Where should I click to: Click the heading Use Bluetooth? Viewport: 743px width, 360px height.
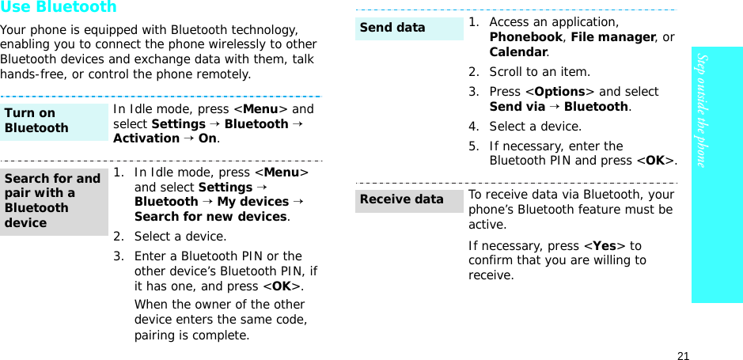coord(59,8)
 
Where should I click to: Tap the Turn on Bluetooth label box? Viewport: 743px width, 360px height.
coord(54,121)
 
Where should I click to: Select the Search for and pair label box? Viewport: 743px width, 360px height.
coord(54,201)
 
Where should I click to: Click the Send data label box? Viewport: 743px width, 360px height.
coord(408,28)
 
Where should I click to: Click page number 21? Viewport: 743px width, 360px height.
coord(683,355)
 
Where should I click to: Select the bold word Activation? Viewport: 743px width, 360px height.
coord(146,138)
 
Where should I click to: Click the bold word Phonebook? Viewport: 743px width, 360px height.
coord(525,37)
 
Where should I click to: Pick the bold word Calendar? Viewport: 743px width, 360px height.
coord(518,52)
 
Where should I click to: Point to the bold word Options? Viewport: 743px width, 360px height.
coord(559,92)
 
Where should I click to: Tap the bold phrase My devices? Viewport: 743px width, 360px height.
coord(252,202)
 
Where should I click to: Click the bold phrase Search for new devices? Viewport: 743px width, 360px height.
coord(210,217)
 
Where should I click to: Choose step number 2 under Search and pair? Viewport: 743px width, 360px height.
coord(117,237)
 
